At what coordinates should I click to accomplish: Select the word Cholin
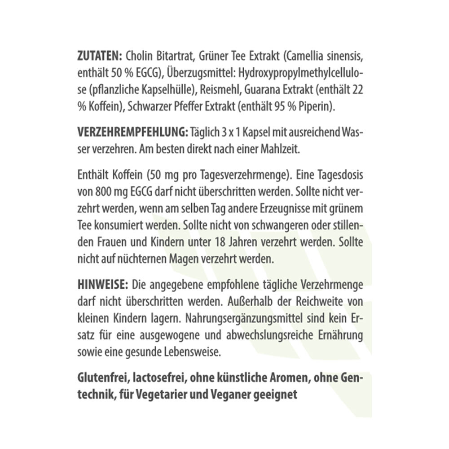coord(140,57)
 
